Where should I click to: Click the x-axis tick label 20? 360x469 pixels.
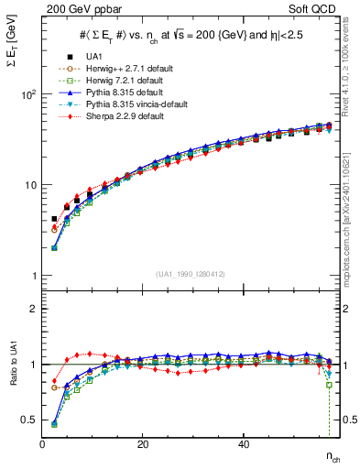pos(142,444)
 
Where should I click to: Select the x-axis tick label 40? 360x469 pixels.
pos(243,444)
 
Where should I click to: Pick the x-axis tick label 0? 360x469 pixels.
pos(42,444)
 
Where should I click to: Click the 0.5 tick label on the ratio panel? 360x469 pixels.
pos(28,420)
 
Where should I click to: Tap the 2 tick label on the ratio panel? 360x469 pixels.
pos(33,309)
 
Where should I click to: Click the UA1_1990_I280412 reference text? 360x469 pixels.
pos(189,274)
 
